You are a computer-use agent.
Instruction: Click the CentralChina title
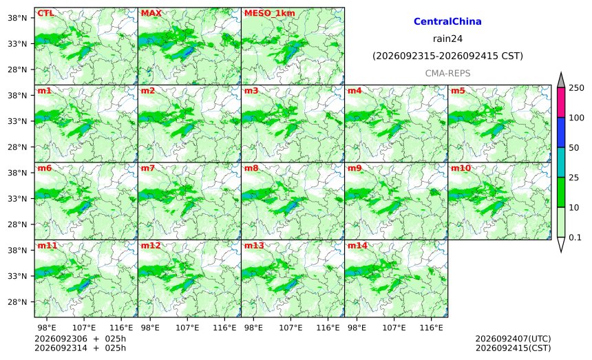click(447, 21)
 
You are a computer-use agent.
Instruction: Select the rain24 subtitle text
click(447, 39)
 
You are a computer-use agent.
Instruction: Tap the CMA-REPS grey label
click(447, 73)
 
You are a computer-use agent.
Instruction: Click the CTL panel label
click(45, 13)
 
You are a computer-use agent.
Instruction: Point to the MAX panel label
click(151, 13)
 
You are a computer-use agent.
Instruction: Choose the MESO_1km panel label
click(270, 13)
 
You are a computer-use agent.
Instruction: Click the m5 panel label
click(458, 91)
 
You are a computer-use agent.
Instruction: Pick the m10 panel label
click(461, 168)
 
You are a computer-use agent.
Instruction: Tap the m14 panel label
click(357, 246)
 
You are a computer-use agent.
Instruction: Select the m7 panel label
click(147, 168)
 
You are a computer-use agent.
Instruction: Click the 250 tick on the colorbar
click(577, 88)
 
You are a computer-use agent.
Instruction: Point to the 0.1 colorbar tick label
click(575, 237)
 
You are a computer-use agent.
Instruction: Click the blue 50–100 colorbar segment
click(561, 132)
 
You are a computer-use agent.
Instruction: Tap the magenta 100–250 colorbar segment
click(561, 103)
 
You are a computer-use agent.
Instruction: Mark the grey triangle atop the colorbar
click(561, 80)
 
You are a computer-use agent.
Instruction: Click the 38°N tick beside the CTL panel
click(17, 18)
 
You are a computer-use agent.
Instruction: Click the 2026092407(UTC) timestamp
click(513, 339)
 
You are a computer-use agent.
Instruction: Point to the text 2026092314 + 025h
click(80, 348)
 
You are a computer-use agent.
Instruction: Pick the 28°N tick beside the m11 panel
click(17, 302)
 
